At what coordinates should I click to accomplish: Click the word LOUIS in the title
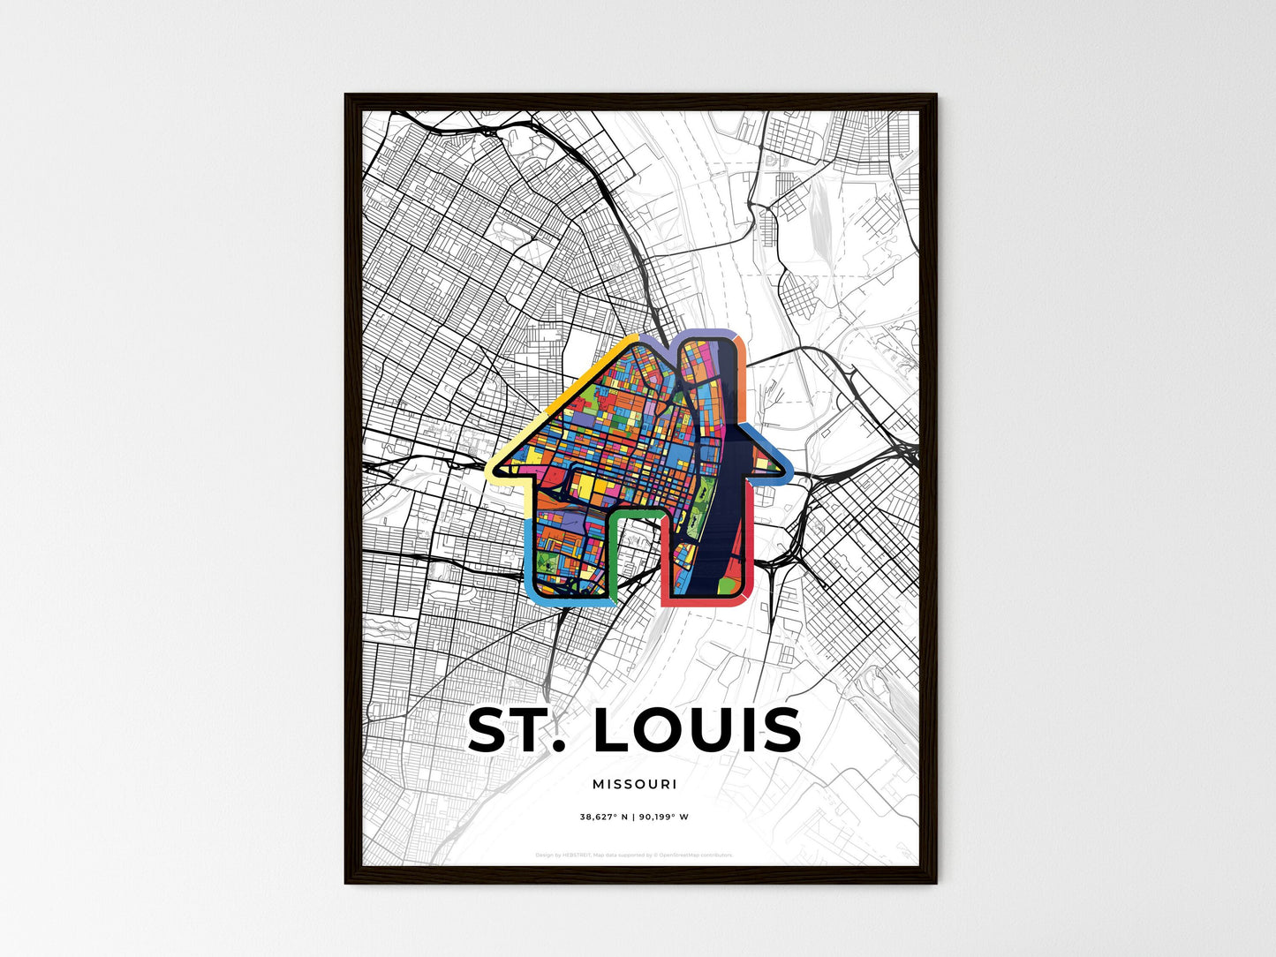(x=698, y=731)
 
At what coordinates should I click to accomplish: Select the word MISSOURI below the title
(x=635, y=784)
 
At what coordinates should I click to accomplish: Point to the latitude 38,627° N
(x=604, y=817)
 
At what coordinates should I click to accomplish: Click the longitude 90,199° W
(x=664, y=817)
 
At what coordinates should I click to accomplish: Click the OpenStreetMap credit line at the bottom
(x=635, y=855)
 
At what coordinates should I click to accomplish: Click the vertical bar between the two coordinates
(x=634, y=817)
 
